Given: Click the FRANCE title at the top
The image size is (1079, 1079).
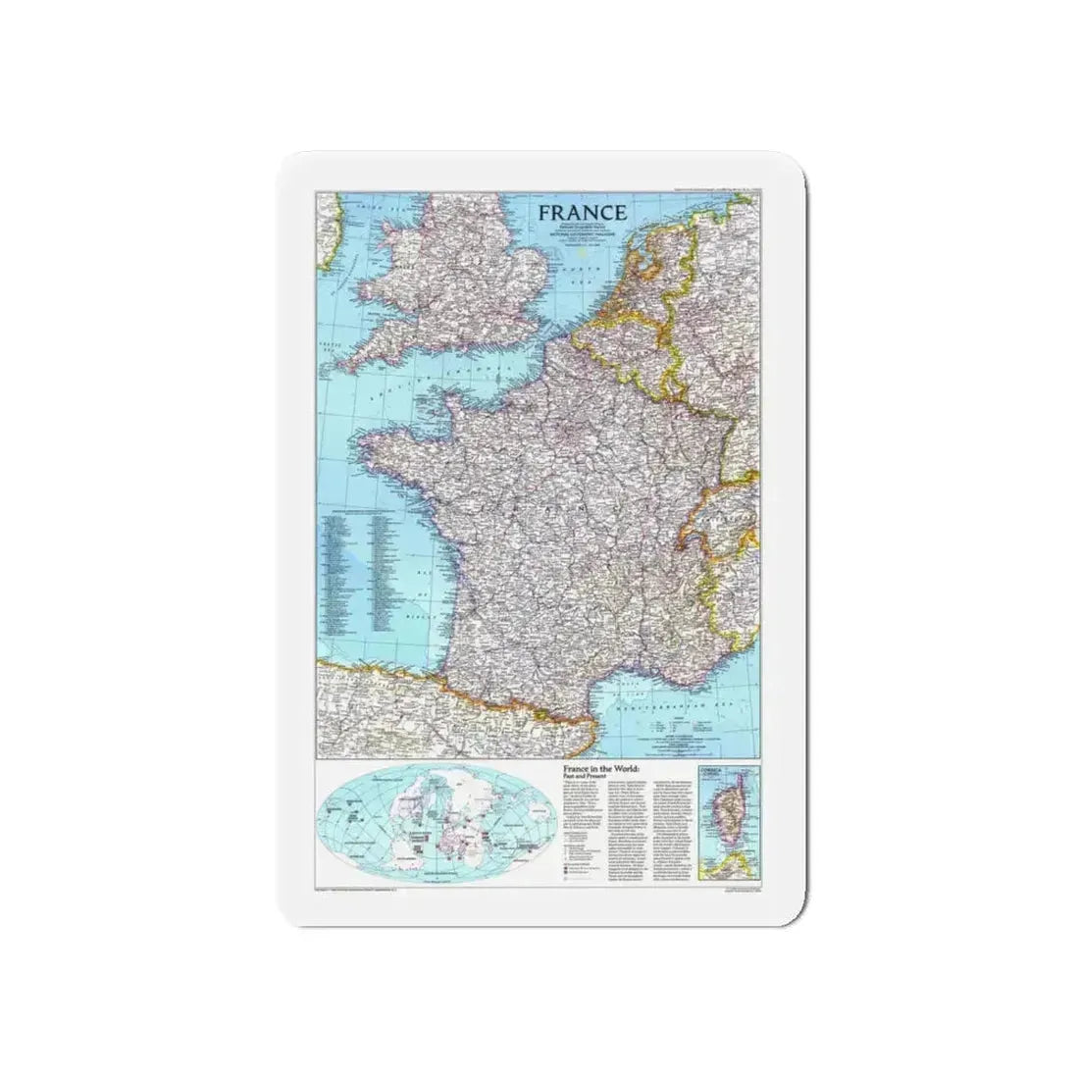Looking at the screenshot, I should click(x=581, y=212).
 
